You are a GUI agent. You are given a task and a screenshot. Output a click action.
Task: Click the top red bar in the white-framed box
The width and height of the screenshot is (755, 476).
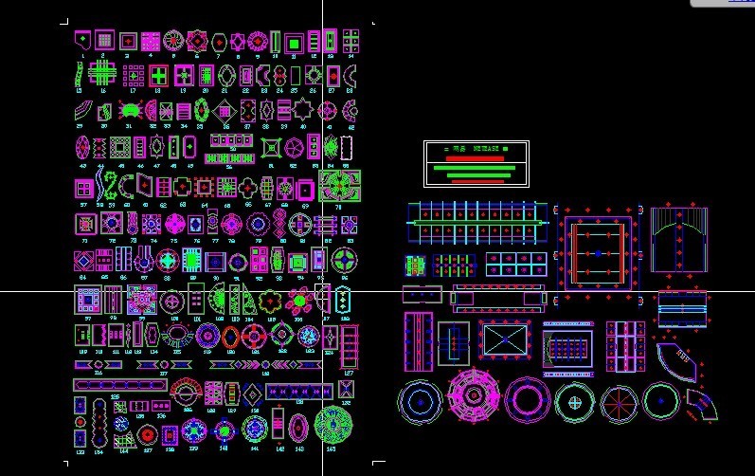pyautogui.click(x=475, y=158)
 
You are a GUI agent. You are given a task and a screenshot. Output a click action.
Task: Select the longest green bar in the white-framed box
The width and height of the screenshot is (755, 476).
pyautogui.click(x=475, y=168)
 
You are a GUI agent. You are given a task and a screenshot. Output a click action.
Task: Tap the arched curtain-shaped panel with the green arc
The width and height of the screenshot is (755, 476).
pyautogui.click(x=679, y=238)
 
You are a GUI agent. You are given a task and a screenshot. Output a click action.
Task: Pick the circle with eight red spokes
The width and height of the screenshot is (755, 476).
pyautogui.click(x=620, y=402)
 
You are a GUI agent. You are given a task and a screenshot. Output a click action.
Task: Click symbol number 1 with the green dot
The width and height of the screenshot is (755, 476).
pyautogui.click(x=83, y=41)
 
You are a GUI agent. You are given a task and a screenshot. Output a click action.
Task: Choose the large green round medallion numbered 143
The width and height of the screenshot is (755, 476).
pyautogui.click(x=333, y=425)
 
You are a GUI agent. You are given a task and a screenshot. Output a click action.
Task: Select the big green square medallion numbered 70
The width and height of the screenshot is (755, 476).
pyautogui.click(x=338, y=185)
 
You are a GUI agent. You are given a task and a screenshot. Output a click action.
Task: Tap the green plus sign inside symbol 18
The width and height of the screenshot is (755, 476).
pyautogui.click(x=159, y=75)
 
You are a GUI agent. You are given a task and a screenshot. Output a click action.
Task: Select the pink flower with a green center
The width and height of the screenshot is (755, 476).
pyautogui.click(x=299, y=302)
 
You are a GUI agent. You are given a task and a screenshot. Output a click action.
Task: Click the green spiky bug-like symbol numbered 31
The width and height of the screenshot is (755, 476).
pyautogui.click(x=132, y=111)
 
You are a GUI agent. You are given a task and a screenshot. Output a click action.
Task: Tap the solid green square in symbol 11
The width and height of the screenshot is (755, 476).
pyautogui.click(x=294, y=42)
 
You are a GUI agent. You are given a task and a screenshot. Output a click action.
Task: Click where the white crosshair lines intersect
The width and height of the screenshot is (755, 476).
pyautogui.click(x=322, y=291)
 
